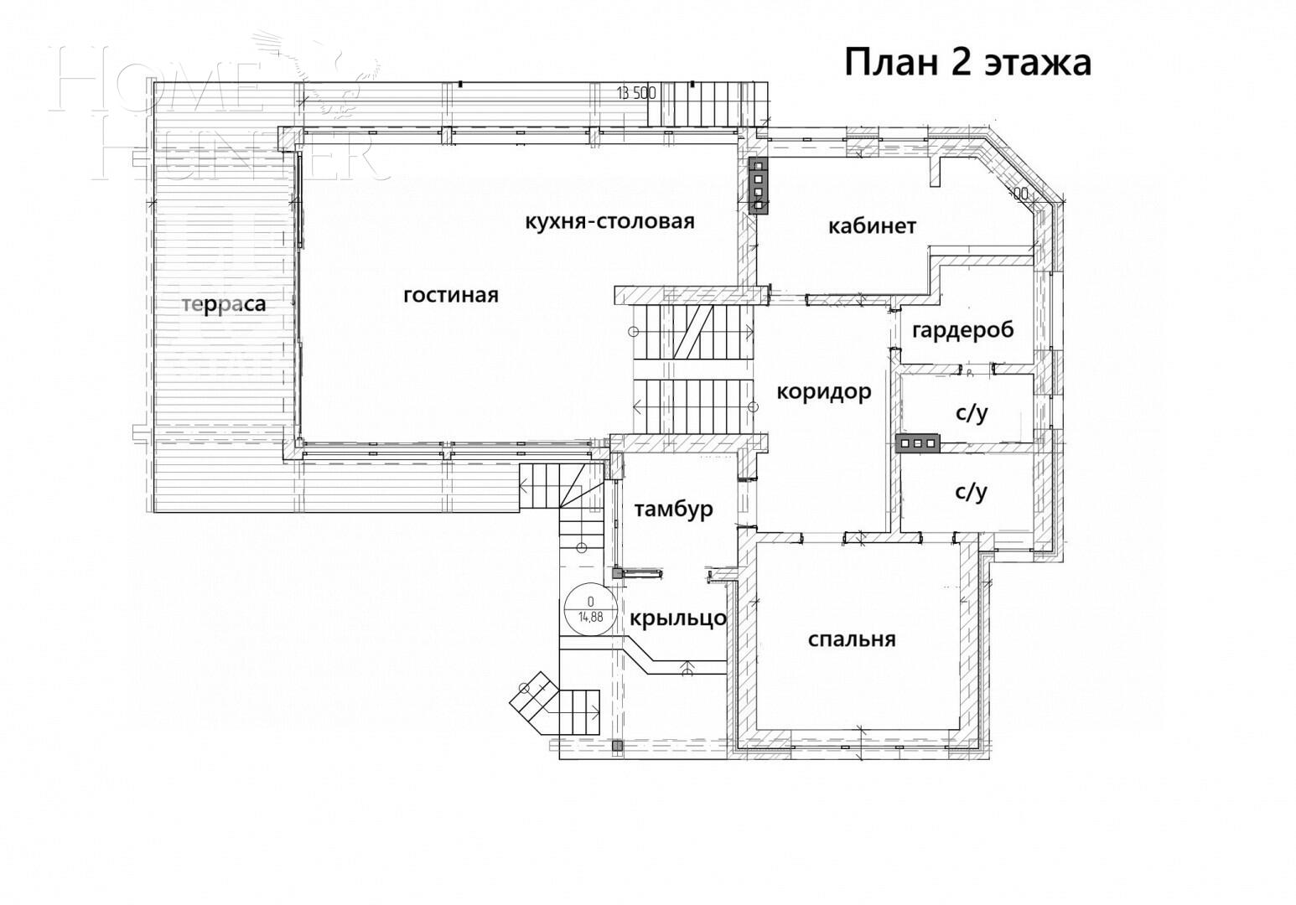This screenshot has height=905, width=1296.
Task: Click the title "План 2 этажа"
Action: pos(967,63)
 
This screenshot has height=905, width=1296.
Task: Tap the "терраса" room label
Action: pos(224,304)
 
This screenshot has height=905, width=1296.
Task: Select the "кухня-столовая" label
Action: pos(609,221)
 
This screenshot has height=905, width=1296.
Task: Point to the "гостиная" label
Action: pos(451,295)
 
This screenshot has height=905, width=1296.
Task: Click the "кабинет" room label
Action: pos(872,226)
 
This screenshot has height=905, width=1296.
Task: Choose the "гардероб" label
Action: pos(962,329)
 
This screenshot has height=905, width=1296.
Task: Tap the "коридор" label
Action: pos(823,391)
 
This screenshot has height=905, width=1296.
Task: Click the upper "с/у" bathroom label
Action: pos(972,412)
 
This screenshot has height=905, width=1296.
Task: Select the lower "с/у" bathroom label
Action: pos(971,491)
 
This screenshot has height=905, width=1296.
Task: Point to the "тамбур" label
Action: pos(673,509)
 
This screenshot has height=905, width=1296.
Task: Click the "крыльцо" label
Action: pos(677,618)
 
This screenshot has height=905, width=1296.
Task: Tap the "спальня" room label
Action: pos(851,639)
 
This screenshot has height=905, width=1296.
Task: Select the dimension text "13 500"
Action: pos(635,93)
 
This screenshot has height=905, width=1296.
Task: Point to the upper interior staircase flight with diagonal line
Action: pos(692,332)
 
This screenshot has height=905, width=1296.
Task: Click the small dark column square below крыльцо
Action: pos(618,745)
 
